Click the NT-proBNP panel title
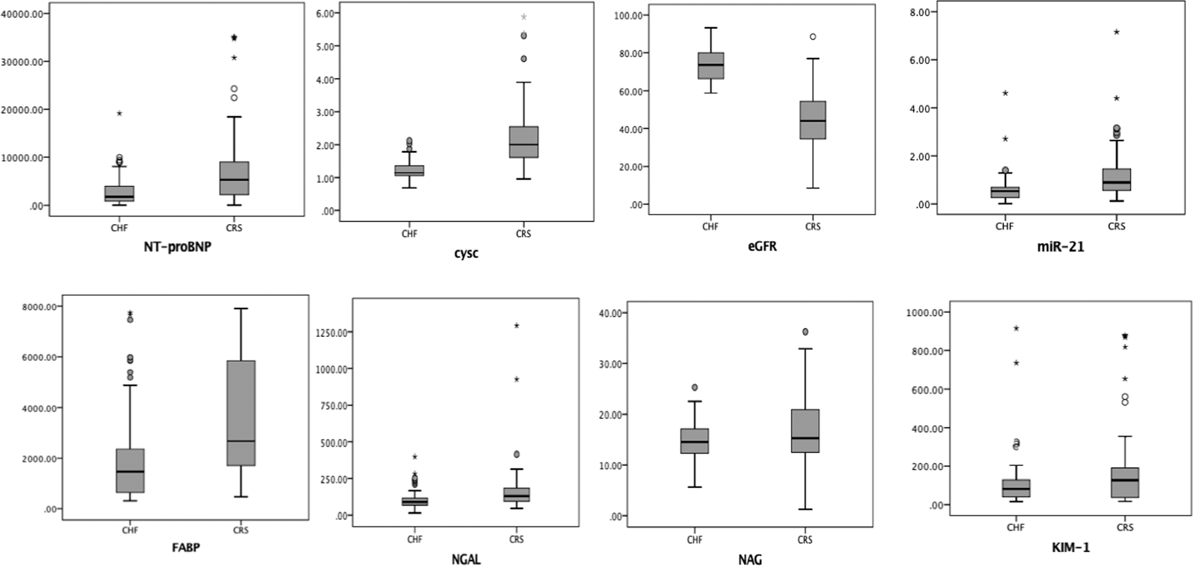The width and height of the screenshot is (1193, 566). [177, 247]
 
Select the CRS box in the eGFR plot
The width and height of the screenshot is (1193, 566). [813, 120]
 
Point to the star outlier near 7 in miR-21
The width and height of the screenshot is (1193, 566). [1116, 32]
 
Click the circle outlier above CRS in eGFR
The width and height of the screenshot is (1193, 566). [813, 37]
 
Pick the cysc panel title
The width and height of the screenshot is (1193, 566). [466, 253]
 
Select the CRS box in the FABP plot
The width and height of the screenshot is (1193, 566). [241, 413]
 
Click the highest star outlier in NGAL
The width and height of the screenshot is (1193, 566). [516, 325]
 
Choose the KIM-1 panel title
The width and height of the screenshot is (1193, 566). [1070, 548]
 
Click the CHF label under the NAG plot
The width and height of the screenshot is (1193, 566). [694, 540]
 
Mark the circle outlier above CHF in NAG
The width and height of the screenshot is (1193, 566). [694, 388]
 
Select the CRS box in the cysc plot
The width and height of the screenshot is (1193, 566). [523, 142]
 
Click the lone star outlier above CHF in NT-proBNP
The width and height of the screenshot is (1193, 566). [119, 114]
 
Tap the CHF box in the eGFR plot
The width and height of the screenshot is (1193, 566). [710, 65]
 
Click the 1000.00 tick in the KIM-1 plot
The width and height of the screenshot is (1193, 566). [924, 312]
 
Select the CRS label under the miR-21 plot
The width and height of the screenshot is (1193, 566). [1116, 226]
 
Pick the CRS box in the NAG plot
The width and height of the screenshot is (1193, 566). [805, 431]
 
